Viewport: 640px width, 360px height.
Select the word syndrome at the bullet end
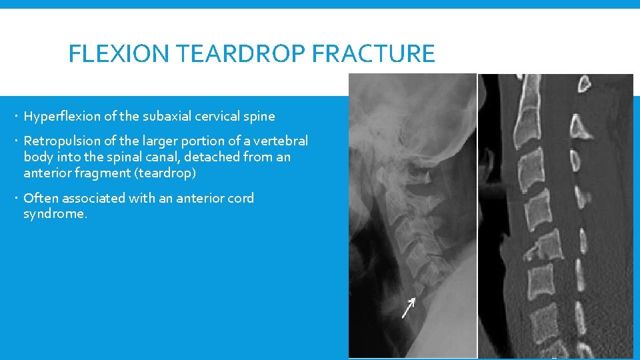coord(53,214)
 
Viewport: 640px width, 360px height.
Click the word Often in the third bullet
coord(39,198)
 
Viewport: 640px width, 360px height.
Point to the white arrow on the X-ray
coord(408,307)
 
